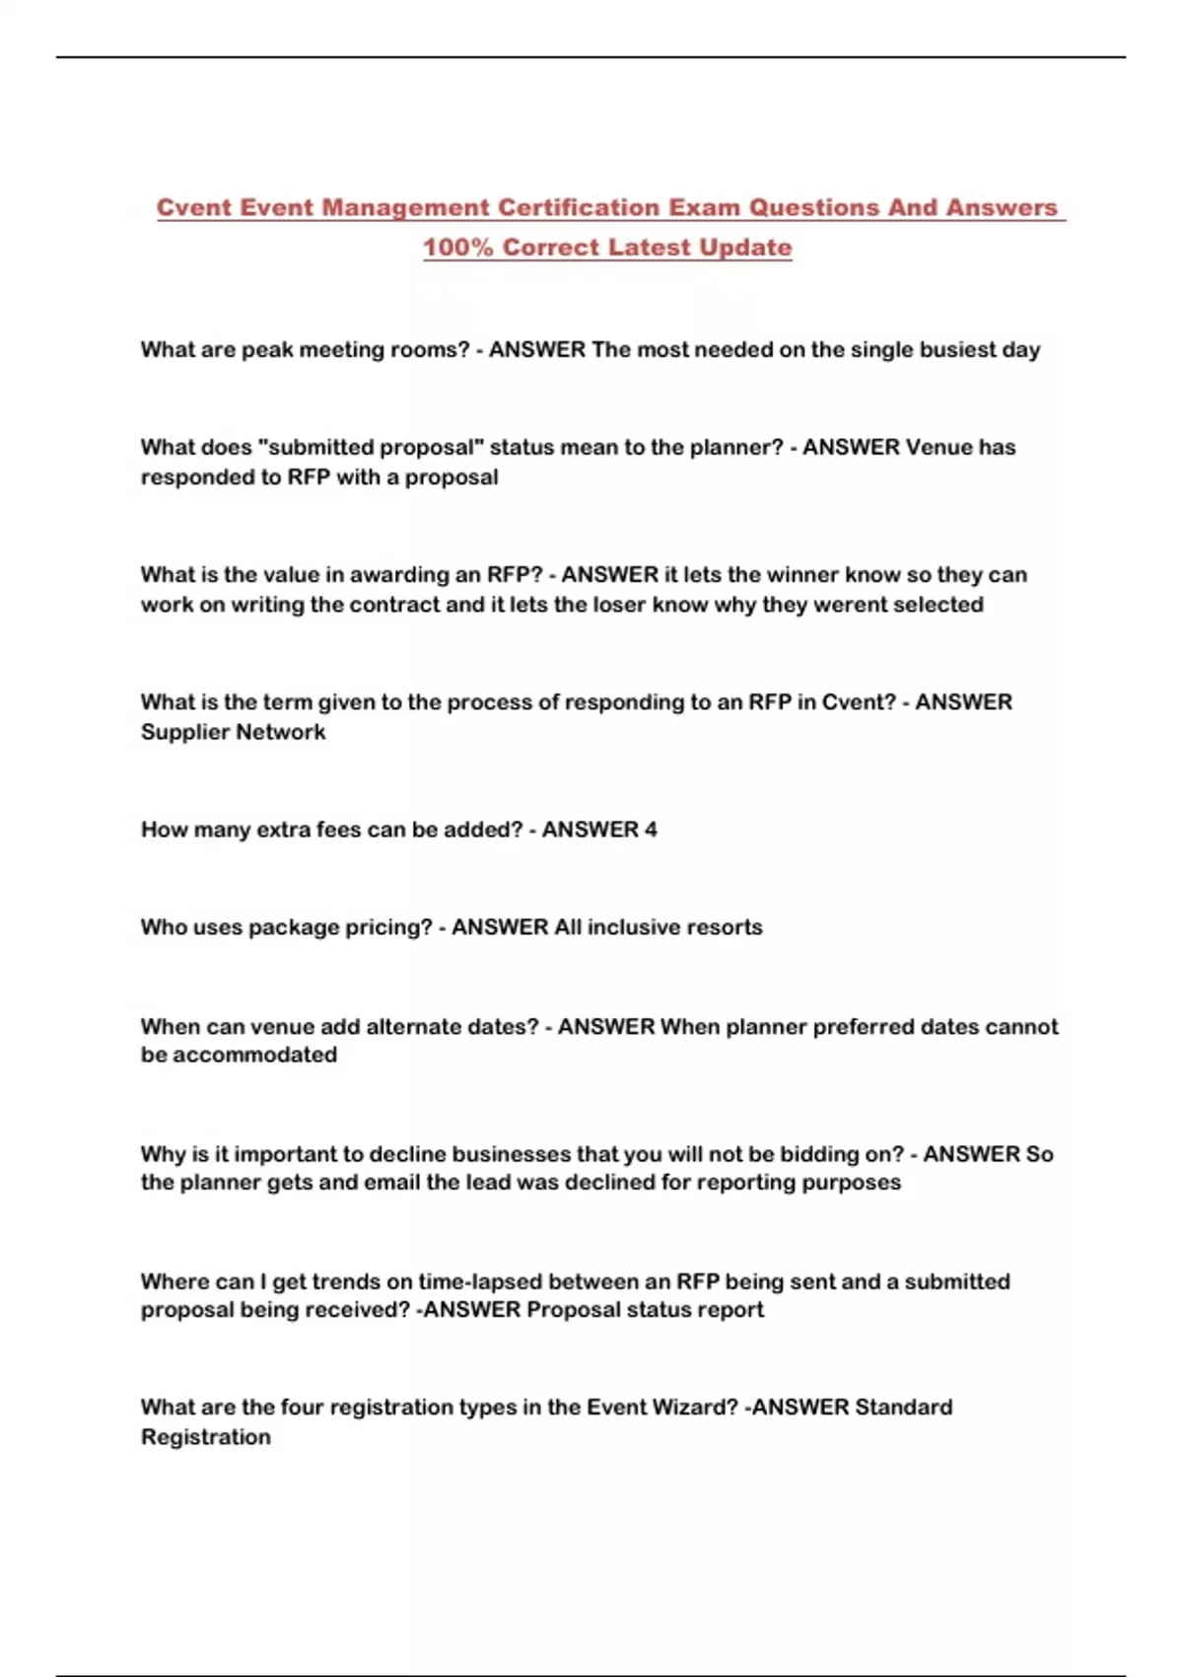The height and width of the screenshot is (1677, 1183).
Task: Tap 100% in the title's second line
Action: click(458, 248)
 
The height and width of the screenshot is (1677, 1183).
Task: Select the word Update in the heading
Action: click(745, 248)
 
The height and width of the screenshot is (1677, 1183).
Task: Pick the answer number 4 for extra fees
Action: click(651, 830)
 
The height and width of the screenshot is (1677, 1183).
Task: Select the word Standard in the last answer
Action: click(902, 1408)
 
